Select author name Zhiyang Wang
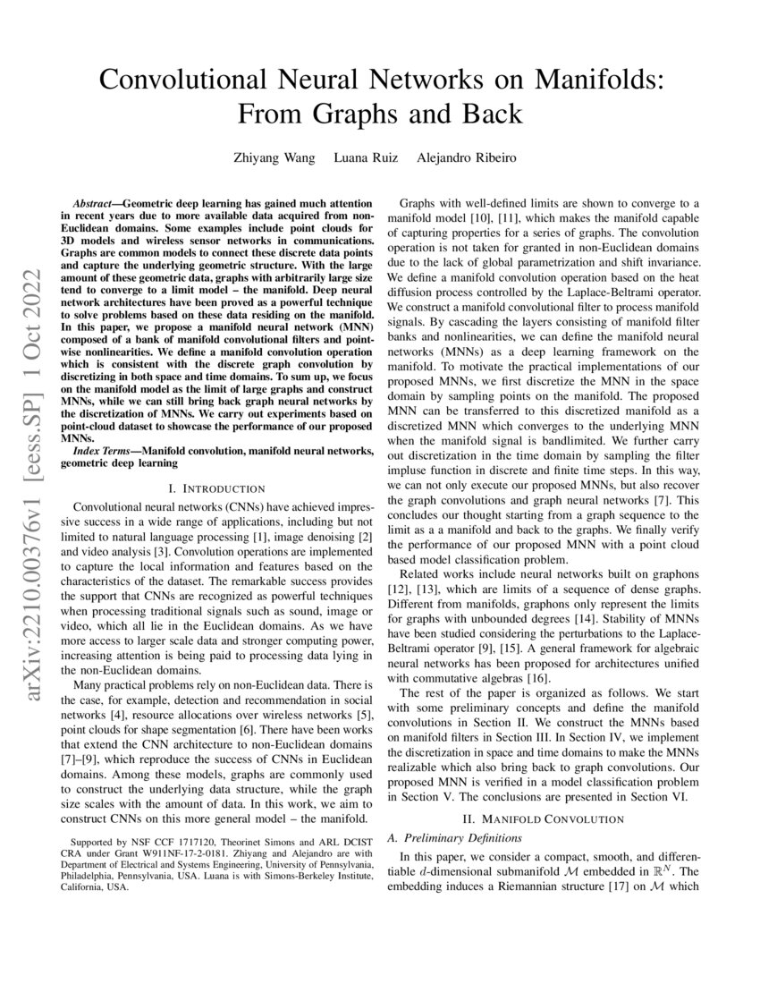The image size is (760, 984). pos(275,158)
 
